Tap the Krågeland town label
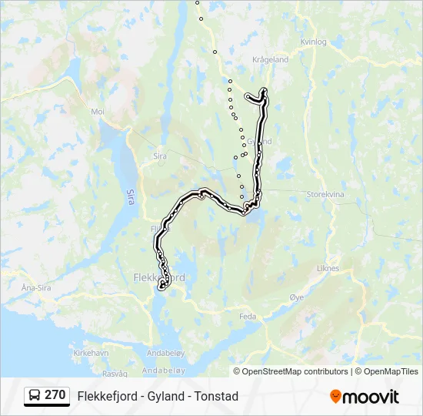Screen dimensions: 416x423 point(270,59)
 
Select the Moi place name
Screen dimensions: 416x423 point(98,112)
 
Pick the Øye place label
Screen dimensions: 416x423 point(297,297)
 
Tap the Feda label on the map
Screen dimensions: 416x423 point(248,316)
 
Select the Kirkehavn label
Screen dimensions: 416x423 point(91,352)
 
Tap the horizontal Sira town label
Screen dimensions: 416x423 point(160,156)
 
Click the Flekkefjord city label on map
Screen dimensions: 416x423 point(159,277)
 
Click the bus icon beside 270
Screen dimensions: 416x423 point(35,396)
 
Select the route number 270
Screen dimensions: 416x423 point(55,395)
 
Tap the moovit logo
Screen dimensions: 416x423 point(365,397)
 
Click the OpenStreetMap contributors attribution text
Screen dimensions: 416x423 point(295,371)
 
